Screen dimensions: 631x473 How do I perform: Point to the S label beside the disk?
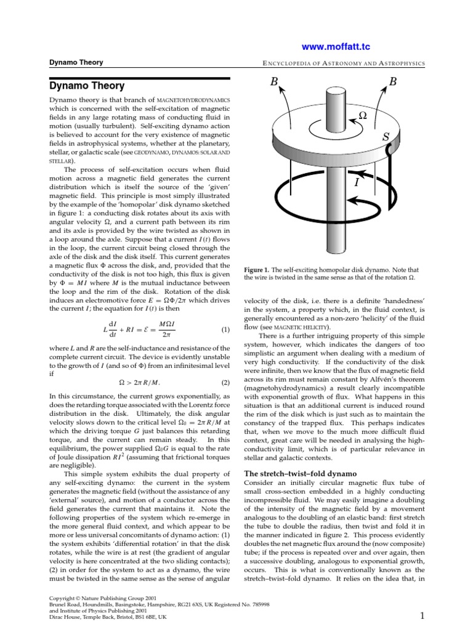pyautogui.click(x=386, y=137)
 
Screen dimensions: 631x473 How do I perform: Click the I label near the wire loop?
pyautogui.click(x=357, y=183)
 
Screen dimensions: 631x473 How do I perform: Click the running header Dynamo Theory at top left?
pyautogui.click(x=76, y=62)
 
